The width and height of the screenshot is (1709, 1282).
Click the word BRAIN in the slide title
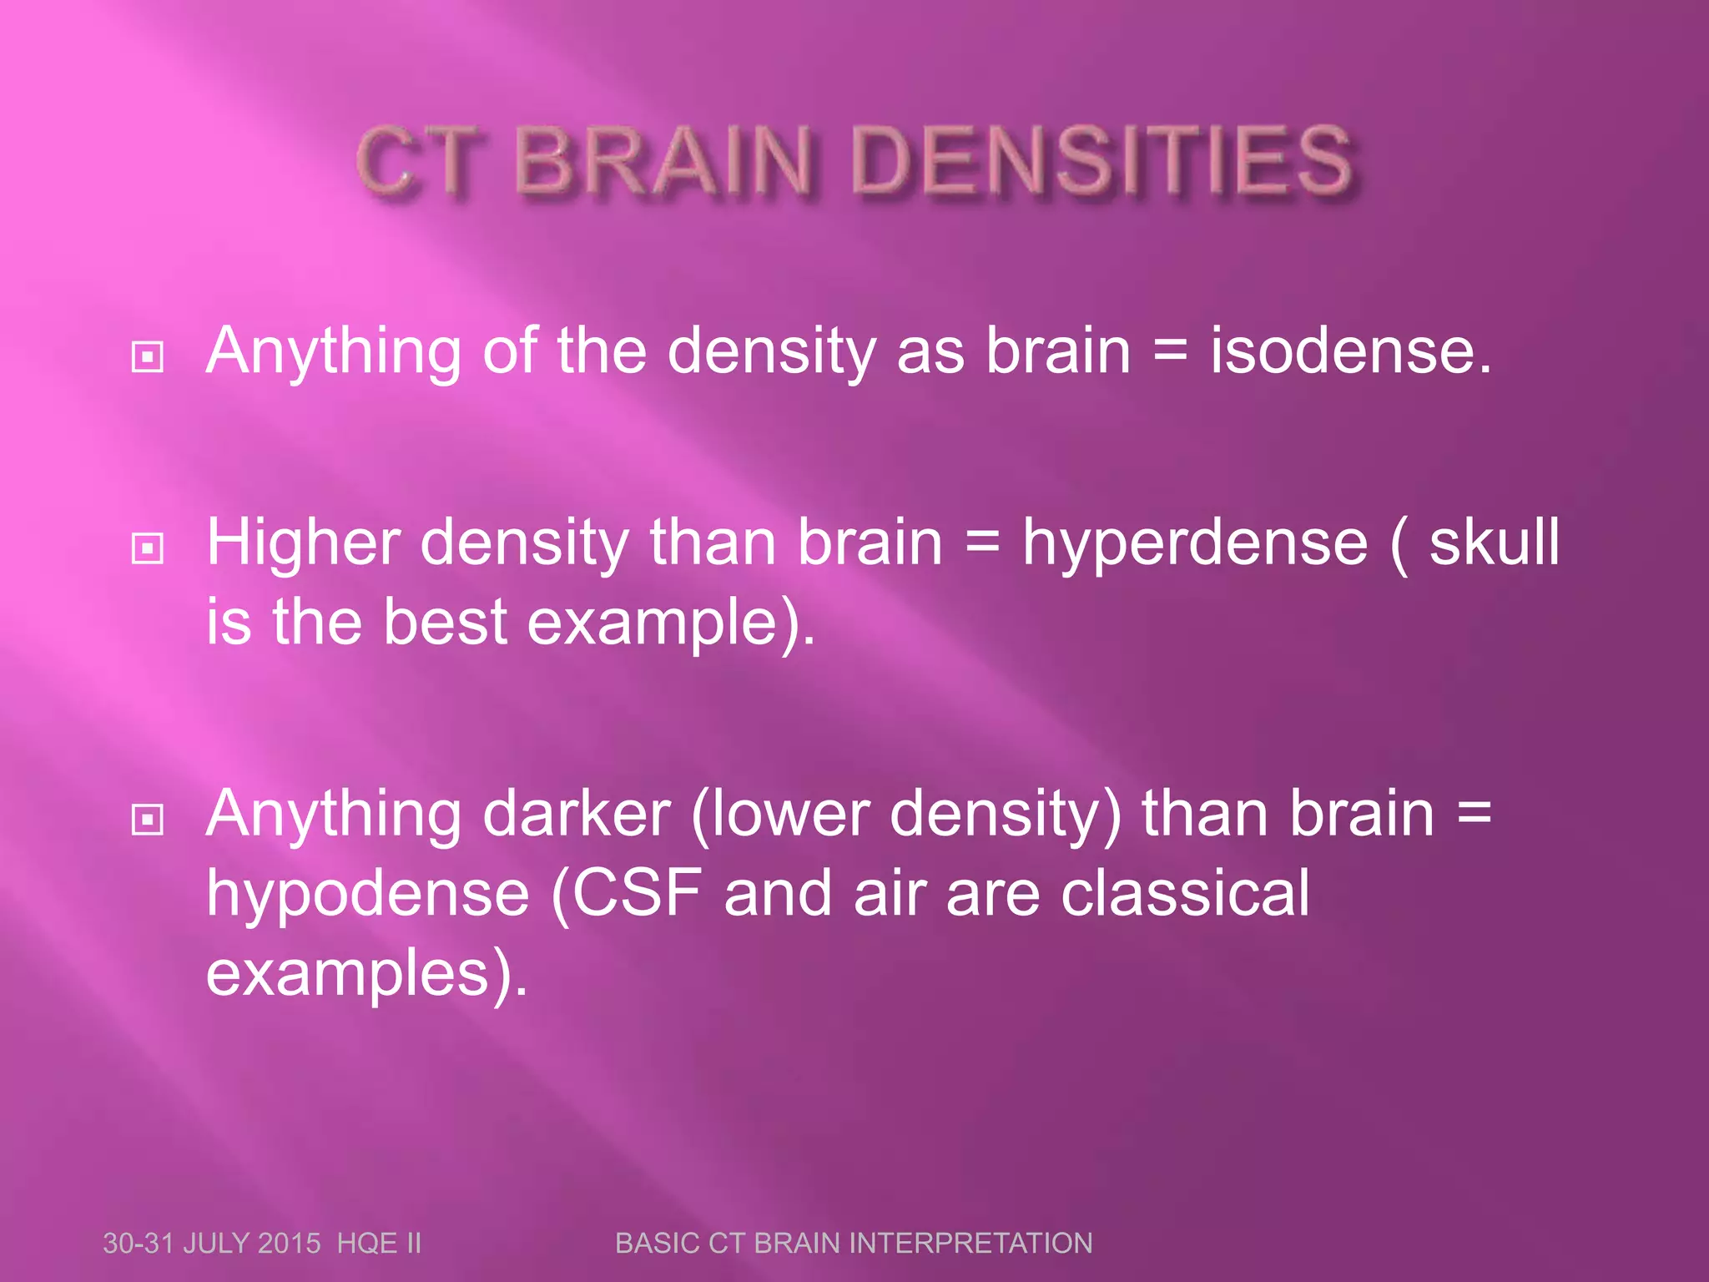(x=663, y=160)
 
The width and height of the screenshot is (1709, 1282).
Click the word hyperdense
(x=1195, y=543)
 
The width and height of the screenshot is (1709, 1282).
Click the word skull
(x=1494, y=543)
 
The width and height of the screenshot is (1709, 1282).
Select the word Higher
(x=304, y=543)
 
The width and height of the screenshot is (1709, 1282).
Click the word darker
(x=577, y=814)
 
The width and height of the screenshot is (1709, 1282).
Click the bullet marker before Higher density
(x=148, y=548)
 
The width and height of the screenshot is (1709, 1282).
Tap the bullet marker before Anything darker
(x=148, y=820)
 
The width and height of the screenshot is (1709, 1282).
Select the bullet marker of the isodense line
(x=148, y=357)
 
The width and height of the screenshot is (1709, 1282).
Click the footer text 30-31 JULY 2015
(x=211, y=1244)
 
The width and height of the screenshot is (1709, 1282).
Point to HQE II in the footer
(x=379, y=1244)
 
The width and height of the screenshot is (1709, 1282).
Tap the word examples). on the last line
(x=367, y=973)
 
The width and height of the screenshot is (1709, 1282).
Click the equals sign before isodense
(x=1170, y=351)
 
